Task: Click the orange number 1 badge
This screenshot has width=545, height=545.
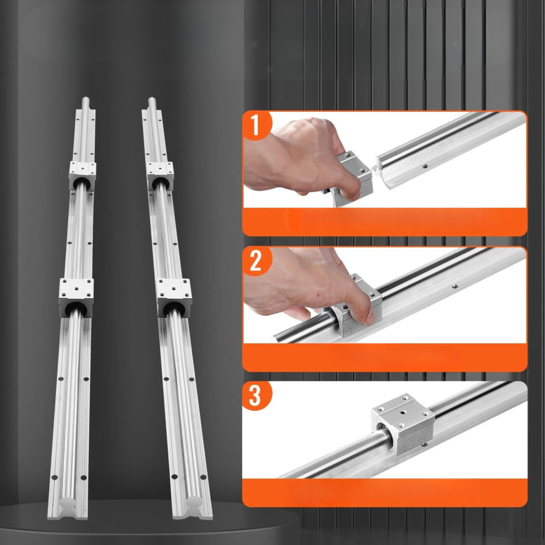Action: click(256, 125)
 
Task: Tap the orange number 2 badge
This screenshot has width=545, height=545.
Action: click(256, 261)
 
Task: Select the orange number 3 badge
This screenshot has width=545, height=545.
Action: click(255, 395)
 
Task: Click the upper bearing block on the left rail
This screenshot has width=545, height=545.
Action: click(82, 176)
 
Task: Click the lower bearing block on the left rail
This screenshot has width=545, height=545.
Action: click(76, 298)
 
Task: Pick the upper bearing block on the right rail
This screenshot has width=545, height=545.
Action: click(160, 176)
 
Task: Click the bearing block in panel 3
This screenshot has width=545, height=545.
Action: click(403, 424)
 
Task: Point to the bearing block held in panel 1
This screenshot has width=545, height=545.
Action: click(352, 178)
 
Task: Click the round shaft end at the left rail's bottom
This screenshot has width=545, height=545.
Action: click(68, 502)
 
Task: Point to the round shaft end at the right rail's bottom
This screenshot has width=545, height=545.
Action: click(194, 502)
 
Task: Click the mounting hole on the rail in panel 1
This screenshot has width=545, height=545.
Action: click(424, 166)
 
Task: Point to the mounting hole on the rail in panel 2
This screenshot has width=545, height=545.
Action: click(455, 286)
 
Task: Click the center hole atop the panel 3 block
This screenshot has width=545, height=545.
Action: click(403, 412)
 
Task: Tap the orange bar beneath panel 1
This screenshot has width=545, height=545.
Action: click(385, 222)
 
